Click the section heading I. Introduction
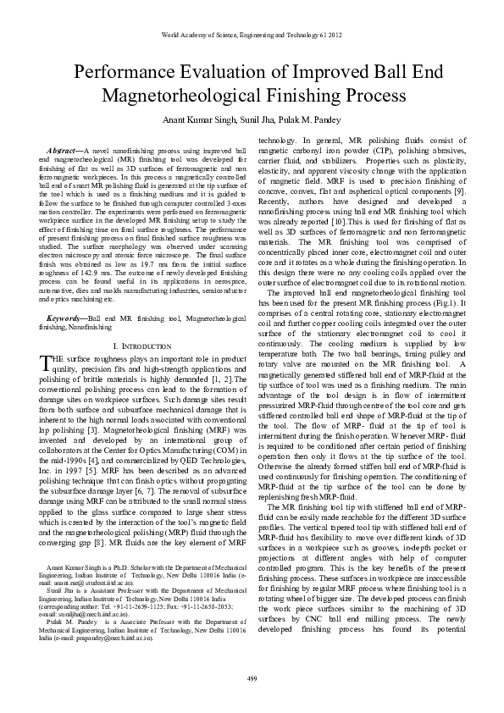point(139,347)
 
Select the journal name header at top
point(252,35)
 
